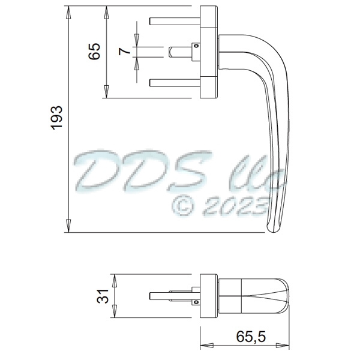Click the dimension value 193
click(55, 118)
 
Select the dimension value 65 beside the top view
click(94, 52)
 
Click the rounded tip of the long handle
click(273, 227)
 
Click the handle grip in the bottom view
click(258, 296)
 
